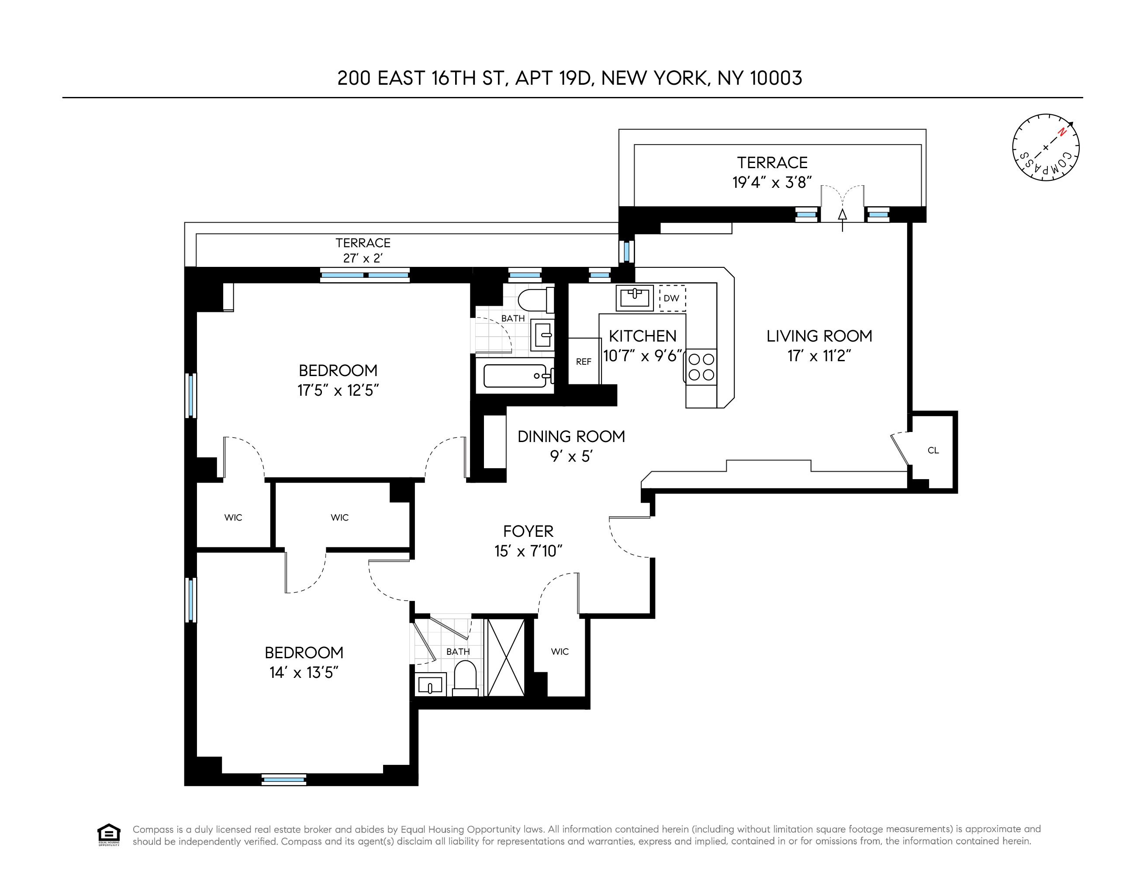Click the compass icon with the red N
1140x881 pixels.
1046,147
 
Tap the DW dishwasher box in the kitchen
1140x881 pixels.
672,298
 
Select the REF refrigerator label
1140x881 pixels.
584,361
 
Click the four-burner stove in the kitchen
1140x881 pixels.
701,367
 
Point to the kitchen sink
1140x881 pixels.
634,298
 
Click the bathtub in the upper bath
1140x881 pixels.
515,375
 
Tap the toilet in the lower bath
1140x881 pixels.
465,678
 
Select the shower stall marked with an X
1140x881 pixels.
505,657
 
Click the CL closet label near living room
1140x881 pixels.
933,450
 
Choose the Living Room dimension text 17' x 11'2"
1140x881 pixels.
819,356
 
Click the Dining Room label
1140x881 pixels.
571,436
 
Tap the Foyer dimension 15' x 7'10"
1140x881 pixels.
528,551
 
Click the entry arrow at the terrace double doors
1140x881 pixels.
842,216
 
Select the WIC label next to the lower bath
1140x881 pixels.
560,651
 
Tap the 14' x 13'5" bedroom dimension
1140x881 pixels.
304,672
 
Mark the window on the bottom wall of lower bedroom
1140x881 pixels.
283,780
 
